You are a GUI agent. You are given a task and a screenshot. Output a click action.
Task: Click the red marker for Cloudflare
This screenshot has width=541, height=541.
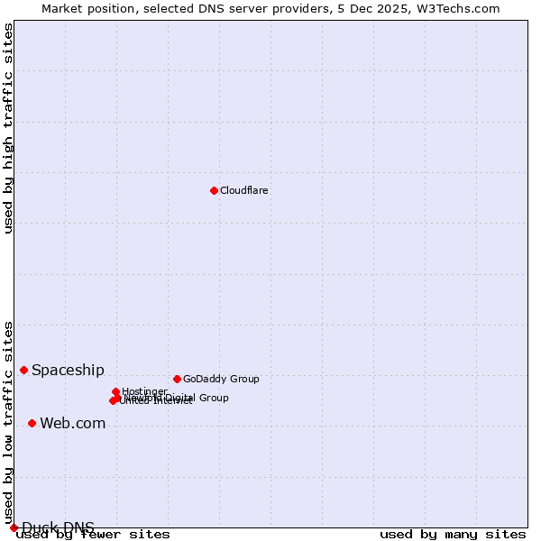(214, 190)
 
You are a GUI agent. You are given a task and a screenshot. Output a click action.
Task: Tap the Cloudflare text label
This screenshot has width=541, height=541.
(243, 190)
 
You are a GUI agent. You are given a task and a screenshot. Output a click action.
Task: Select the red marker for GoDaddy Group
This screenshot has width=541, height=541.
(177, 379)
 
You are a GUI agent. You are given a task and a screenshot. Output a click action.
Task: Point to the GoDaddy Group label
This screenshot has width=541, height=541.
(221, 379)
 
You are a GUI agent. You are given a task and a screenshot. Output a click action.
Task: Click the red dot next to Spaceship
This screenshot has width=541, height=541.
(24, 370)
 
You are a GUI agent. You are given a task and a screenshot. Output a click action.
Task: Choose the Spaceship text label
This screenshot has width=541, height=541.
(68, 370)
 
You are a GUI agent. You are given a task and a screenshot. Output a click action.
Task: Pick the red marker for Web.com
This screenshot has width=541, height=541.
(32, 423)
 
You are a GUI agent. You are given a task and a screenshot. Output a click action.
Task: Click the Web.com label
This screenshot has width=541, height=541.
(72, 423)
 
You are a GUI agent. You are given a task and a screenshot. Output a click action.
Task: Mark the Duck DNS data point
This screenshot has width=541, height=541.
(14, 527)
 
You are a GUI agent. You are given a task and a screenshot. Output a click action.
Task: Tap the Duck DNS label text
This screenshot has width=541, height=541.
(58, 527)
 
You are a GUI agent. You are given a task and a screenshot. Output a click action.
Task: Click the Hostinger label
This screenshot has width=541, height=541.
(144, 391)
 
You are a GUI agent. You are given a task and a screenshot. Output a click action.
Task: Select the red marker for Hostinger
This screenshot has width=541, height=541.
(115, 391)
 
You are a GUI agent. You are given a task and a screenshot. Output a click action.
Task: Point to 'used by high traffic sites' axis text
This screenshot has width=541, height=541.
(8, 128)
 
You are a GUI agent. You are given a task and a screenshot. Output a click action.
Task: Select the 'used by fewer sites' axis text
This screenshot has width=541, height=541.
(93, 534)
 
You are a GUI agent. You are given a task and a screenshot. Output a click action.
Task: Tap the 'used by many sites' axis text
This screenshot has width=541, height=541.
(453, 534)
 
